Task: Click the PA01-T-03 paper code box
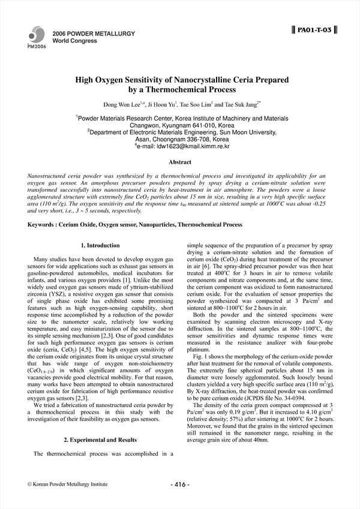point(314,29)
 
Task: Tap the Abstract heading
point(180,162)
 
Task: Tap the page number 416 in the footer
point(180,484)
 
